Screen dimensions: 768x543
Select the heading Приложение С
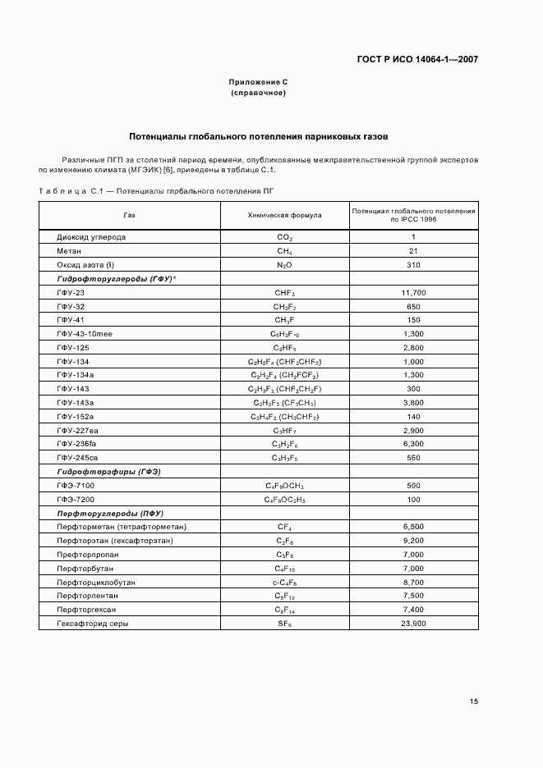click(x=258, y=82)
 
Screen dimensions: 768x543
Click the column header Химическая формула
click(x=284, y=216)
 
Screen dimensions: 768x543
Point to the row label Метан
click(x=69, y=251)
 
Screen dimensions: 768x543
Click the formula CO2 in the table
click(x=284, y=237)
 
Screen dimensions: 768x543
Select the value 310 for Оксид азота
click(x=413, y=265)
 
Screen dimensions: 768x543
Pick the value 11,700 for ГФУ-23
click(x=413, y=293)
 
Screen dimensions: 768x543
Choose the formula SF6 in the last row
click(x=284, y=624)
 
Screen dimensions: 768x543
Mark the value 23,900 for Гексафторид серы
click(x=413, y=624)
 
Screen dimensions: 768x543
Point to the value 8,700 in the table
click(x=413, y=583)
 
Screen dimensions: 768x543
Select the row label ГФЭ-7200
click(x=76, y=500)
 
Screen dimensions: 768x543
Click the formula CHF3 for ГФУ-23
click(x=284, y=293)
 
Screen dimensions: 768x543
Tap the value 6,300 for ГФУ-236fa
click(x=413, y=444)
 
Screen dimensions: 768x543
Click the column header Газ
click(x=129, y=216)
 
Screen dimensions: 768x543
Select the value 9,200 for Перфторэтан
click(x=413, y=541)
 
